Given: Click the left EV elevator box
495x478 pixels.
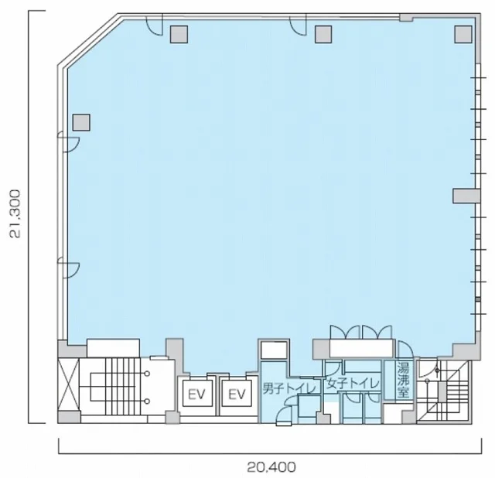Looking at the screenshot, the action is [x=197, y=394].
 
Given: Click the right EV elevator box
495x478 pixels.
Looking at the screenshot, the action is [x=237, y=394].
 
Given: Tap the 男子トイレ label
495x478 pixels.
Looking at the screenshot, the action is [x=289, y=388].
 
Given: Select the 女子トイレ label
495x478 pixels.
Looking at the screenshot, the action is [x=353, y=384].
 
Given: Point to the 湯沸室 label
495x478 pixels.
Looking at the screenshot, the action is [x=403, y=380].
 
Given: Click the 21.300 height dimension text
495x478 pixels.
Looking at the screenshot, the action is [x=15, y=213].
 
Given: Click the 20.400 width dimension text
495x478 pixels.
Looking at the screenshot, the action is [x=271, y=466].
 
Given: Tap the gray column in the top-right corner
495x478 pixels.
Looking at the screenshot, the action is [x=463, y=34].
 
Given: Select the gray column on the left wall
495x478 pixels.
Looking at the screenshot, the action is [x=81, y=122].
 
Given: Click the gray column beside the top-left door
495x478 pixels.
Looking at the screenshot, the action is [x=179, y=34].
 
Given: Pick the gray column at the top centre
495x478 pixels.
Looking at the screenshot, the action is [x=323, y=34].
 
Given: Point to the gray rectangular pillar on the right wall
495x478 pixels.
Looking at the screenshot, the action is [x=466, y=196].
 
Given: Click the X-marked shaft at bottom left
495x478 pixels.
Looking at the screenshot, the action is [x=68, y=384].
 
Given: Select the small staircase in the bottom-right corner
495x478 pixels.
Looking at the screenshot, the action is [x=448, y=391].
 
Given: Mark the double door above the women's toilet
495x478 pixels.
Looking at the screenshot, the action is [x=361, y=331].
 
